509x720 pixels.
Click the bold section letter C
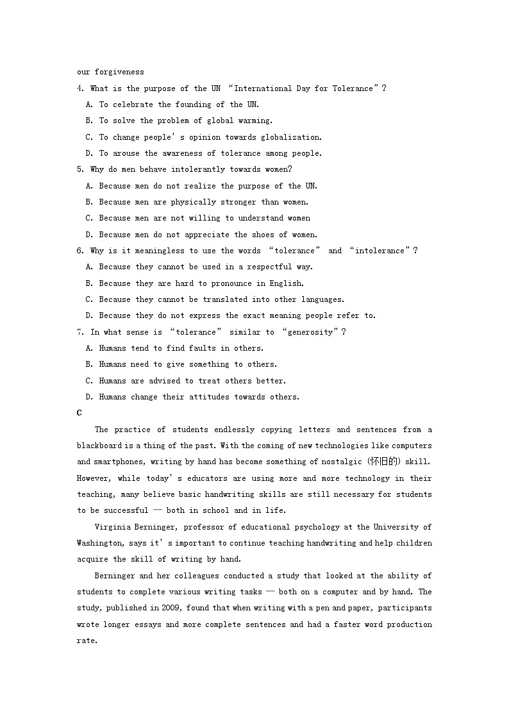click(79, 414)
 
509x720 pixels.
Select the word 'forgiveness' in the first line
click(119, 72)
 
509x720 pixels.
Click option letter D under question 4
click(89, 153)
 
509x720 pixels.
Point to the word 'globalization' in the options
click(293, 137)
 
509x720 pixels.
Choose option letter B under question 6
click(89, 283)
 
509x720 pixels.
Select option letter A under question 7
click(89, 348)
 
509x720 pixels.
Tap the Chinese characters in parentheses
click(383, 462)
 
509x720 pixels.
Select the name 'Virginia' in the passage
click(113, 527)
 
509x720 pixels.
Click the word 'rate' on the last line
click(85, 640)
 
